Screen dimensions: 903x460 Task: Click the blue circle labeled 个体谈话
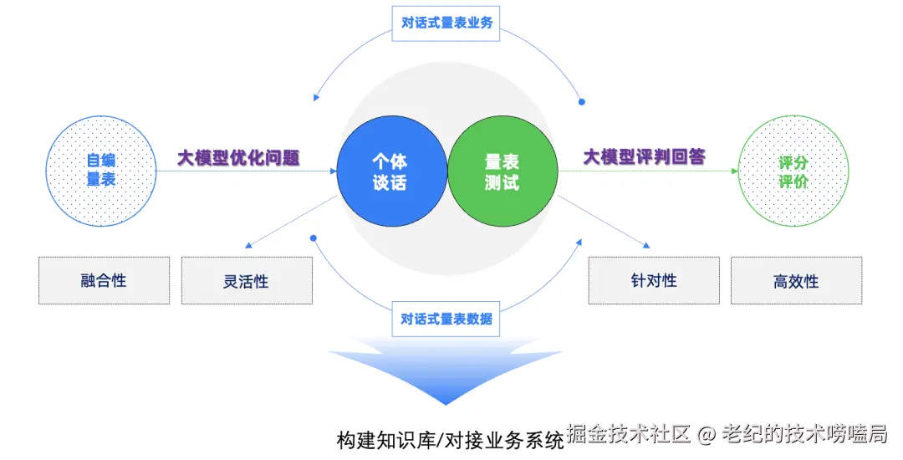tap(392, 171)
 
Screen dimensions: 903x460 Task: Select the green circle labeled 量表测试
tap(503, 171)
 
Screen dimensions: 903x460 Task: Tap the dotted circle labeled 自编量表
tap(101, 171)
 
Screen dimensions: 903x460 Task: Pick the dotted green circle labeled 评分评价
tap(793, 171)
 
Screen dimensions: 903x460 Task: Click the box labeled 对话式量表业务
tap(446, 23)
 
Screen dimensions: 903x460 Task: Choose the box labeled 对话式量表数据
tap(446, 319)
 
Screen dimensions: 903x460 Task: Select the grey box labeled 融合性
tap(105, 280)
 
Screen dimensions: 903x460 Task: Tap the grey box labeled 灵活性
tap(247, 280)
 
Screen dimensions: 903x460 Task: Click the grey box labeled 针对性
tap(654, 280)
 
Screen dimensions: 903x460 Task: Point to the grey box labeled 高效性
tap(797, 280)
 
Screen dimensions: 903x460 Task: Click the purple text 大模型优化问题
tap(238, 157)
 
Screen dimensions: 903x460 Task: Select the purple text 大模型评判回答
tap(645, 156)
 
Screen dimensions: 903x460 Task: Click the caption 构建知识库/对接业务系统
tap(451, 441)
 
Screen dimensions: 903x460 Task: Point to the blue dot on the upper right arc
tap(582, 102)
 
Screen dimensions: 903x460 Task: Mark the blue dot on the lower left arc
tap(314, 238)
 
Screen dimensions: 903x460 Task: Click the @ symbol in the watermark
tap(706, 435)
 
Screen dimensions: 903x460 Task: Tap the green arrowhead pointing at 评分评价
tap(735, 171)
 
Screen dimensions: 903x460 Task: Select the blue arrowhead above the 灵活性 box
tap(248, 246)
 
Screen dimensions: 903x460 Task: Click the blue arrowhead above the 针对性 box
tap(646, 245)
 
